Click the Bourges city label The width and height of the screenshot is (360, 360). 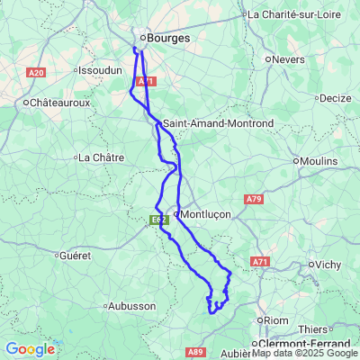tap(166, 39)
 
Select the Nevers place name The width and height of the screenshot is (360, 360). tap(290, 59)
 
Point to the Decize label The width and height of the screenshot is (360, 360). tap(334, 97)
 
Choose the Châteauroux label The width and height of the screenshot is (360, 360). tap(62, 103)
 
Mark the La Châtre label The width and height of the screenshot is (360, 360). tap(101, 157)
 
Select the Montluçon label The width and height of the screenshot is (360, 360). tap(206, 214)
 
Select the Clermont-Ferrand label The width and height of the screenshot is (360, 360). tap(298, 344)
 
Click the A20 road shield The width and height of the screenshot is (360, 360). tap(36, 72)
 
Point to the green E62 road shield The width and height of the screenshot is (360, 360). tap(158, 218)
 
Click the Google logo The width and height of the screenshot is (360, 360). tap(30, 349)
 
